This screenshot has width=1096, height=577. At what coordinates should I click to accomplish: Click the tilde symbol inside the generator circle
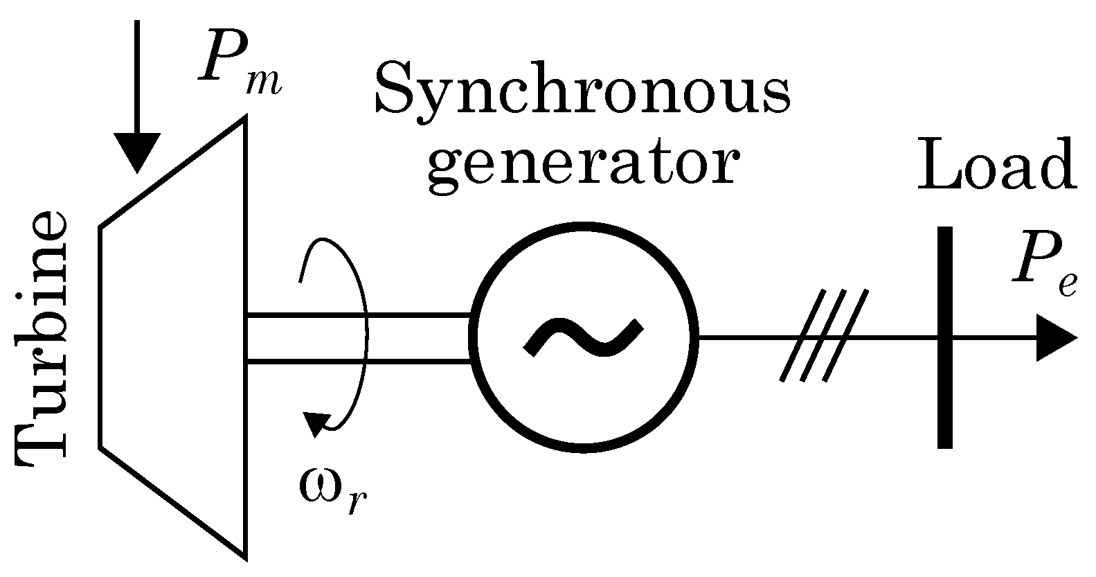coord(584,337)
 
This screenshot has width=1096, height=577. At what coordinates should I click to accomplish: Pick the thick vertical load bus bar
coord(945,337)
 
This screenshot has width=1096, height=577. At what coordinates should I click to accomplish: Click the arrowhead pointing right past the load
coord(1056,337)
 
